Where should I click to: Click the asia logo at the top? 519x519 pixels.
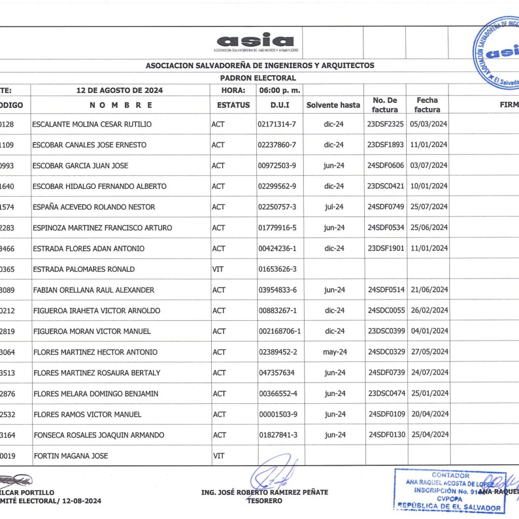pyautogui.click(x=255, y=42)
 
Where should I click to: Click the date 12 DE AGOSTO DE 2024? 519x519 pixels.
pyautogui.click(x=119, y=90)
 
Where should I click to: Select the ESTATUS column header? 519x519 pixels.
pyautogui.click(x=234, y=105)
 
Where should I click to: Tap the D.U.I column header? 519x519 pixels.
pyautogui.click(x=280, y=105)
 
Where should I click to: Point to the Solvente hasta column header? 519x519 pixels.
pyautogui.click(x=333, y=105)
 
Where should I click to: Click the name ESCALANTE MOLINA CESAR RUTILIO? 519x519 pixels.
pyautogui.click(x=92, y=125)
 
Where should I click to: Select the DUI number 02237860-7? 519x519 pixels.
pyautogui.click(x=277, y=145)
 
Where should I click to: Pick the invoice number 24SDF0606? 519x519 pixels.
pyautogui.click(x=386, y=166)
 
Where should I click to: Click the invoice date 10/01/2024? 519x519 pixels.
pyautogui.click(x=429, y=186)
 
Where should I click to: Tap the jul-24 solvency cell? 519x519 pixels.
pyautogui.click(x=334, y=207)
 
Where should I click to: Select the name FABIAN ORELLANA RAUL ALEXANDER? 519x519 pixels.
pyautogui.click(x=93, y=290)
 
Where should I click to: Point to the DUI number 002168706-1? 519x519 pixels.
pyautogui.click(x=280, y=331)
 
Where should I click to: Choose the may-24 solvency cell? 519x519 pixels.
pyautogui.click(x=335, y=352)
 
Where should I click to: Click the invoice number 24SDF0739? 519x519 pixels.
pyautogui.click(x=386, y=373)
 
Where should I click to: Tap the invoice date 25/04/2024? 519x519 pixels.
pyautogui.click(x=429, y=434)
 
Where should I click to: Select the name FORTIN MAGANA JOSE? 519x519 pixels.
pyautogui.click(x=71, y=456)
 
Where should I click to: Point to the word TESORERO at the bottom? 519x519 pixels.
pyautogui.click(x=265, y=501)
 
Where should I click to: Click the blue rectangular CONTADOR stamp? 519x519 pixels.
pyautogui.click(x=449, y=491)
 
